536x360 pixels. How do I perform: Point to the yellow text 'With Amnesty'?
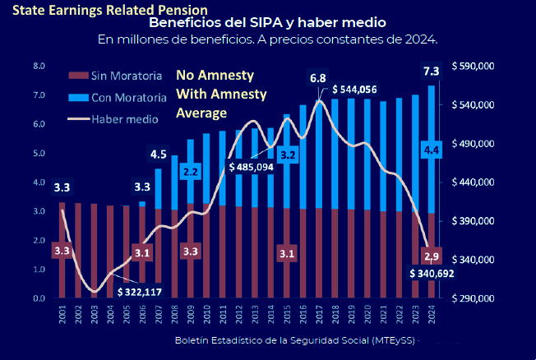[222, 94]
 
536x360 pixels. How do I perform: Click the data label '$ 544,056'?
[354, 90]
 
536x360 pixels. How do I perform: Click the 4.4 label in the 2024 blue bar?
[432, 149]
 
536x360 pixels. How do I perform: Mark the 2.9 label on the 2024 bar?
[433, 252]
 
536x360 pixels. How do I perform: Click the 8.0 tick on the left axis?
[39, 66]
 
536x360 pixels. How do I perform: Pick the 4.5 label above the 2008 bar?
[159, 154]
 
